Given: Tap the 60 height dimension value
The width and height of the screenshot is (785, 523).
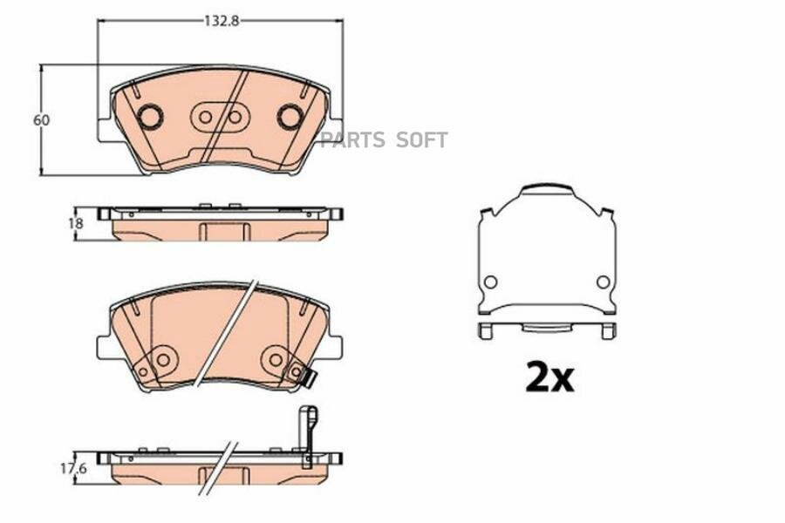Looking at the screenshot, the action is tap(42, 120).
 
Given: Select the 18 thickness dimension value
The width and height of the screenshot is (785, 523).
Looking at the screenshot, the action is tap(76, 223).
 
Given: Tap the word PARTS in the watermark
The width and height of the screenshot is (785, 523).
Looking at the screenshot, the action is tap(353, 140).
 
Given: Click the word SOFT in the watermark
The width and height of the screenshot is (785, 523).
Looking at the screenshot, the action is tap(421, 140).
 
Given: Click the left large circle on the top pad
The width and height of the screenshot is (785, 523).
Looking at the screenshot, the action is tap(149, 117).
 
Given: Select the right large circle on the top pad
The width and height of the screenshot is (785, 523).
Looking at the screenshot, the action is tap(290, 117).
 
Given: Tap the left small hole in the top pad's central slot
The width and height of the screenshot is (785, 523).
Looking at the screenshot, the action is tap(205, 117).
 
